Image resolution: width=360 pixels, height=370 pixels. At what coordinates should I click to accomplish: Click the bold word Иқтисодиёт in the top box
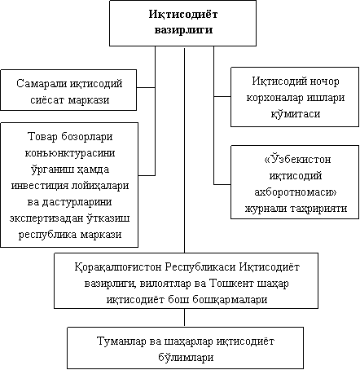point(183,15)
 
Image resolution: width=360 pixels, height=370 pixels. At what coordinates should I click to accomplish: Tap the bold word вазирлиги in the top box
point(183,29)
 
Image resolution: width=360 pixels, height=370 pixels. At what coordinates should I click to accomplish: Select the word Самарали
point(41,83)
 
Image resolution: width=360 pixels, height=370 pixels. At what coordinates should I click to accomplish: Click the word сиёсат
point(47,100)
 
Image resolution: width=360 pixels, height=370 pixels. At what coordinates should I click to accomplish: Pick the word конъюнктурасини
point(70,153)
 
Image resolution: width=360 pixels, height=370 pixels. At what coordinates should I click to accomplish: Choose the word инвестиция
point(40,187)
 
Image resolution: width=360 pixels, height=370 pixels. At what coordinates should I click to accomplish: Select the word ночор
point(324,81)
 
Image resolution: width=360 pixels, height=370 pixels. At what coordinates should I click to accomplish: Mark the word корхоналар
point(274,98)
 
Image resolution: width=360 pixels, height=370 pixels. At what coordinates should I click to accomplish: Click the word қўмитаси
point(296,113)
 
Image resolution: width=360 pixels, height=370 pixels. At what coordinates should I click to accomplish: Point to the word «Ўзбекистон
point(297,159)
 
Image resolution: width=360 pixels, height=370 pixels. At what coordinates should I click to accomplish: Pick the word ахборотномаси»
point(296,192)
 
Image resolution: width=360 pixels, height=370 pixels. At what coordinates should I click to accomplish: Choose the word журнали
point(266,209)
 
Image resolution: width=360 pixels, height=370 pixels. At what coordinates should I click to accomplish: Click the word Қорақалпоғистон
point(118,267)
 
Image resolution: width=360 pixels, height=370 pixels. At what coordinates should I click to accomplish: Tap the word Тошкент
point(231,284)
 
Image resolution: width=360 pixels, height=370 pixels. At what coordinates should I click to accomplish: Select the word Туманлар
point(121,341)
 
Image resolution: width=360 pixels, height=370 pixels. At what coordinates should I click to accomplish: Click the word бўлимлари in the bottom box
point(186,358)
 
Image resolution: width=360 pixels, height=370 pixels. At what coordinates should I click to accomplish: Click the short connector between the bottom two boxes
point(185,317)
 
